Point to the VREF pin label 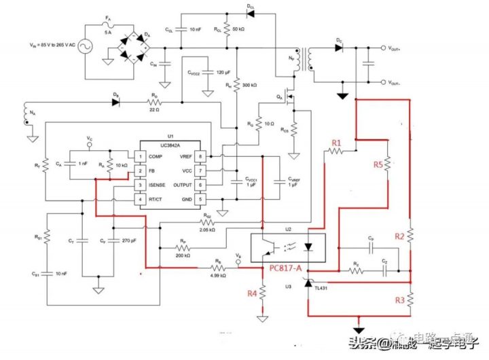coord(186,156)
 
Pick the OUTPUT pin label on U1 coord(183,185)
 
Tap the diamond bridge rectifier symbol coord(133,45)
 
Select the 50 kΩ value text coord(239,30)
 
